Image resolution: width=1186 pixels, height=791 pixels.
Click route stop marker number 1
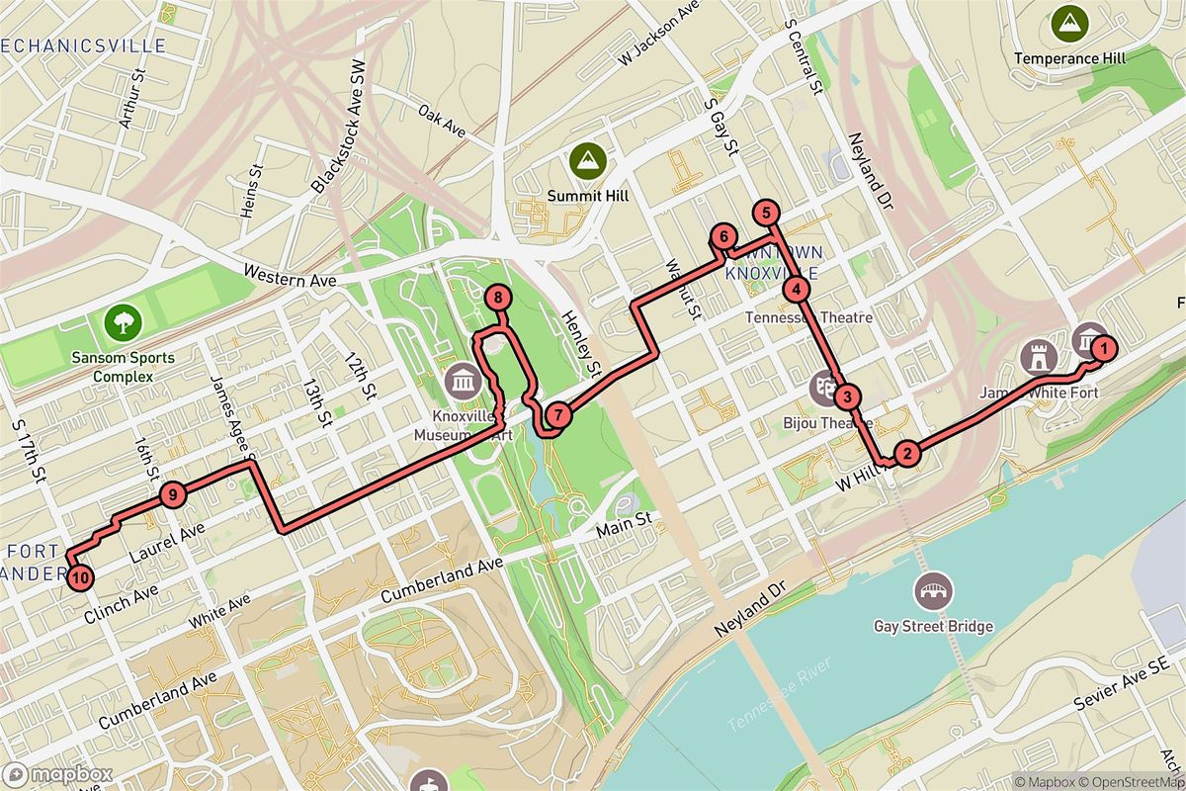coord(1103,347)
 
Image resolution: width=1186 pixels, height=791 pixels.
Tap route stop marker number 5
coord(765,212)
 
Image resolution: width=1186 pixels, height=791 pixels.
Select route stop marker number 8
coord(498,297)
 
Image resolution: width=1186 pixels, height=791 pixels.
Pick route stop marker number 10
coord(80,576)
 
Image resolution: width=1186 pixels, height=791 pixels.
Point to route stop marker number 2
coord(905,454)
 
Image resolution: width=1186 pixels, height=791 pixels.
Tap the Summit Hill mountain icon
coord(589,158)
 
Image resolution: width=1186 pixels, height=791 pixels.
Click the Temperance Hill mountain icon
coord(1068,20)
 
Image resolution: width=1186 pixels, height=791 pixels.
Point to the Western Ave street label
coord(290,280)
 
